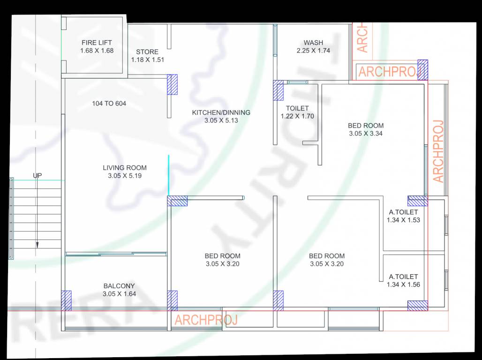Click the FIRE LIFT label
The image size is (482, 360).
point(97,43)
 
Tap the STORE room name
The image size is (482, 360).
point(147,52)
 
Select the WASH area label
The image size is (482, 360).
point(313,43)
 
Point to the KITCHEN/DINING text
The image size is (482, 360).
point(221,112)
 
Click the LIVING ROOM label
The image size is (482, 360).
point(125,168)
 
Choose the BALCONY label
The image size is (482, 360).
point(119,286)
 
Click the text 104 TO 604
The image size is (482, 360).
point(109,104)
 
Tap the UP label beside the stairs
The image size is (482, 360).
point(37,176)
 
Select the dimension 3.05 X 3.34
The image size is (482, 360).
point(366,134)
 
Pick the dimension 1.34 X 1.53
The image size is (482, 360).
point(403,220)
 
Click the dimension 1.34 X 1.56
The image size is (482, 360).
point(403,285)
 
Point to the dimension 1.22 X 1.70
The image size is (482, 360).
point(297,116)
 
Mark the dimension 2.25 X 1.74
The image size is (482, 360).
point(313,51)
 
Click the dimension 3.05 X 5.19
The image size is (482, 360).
point(125,176)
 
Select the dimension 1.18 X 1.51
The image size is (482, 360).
point(147,60)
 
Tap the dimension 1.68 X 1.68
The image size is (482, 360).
point(97,51)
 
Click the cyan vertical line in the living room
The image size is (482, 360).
point(168,175)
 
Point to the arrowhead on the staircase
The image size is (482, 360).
point(37,245)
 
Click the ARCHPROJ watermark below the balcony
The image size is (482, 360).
point(206,320)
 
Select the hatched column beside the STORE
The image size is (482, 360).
point(173,85)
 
